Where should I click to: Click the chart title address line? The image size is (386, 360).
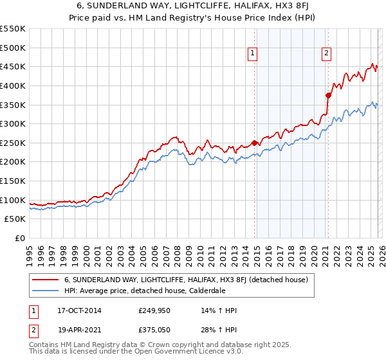(x=192, y=6)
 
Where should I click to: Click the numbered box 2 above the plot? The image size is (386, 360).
(x=327, y=54)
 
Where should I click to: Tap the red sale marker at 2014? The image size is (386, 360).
(x=254, y=143)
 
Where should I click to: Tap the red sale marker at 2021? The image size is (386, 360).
(x=328, y=95)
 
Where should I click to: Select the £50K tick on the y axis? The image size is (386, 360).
(x=15, y=219)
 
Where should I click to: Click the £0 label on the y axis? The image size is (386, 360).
(x=20, y=239)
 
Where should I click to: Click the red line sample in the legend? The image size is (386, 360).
(x=46, y=280)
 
